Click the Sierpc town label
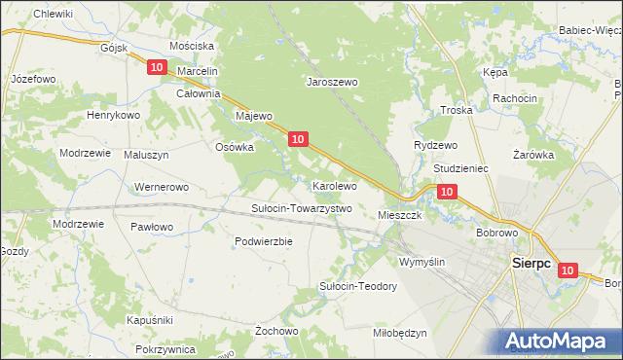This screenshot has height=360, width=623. point(531,263)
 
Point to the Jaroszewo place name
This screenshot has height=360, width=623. point(334,83)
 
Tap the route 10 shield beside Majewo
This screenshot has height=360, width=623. point(299,140)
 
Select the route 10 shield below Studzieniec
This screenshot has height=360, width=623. point(445,193)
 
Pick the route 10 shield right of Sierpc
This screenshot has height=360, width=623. point(568,272)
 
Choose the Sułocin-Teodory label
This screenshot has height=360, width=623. point(358,286)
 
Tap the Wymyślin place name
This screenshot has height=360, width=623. point(422,262)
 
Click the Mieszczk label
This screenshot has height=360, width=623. point(399,215)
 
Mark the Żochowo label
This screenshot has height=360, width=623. point(276,331)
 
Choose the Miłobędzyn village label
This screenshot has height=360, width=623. point(400,333)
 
